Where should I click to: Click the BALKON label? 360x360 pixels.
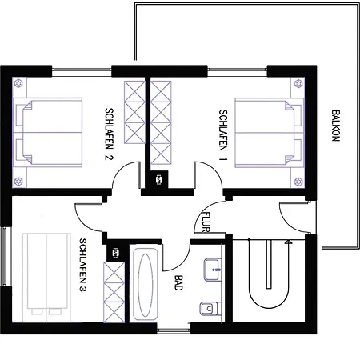click(336, 126)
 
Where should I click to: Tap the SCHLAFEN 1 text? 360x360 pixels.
click(223, 135)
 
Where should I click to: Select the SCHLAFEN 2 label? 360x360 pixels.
click(109, 134)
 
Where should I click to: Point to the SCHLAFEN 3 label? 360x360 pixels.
click(83, 265)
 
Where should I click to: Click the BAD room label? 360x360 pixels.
click(178, 282)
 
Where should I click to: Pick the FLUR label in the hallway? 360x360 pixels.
click(206, 222)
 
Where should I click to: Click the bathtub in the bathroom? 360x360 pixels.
click(146, 284)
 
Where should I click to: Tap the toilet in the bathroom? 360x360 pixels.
click(210, 309)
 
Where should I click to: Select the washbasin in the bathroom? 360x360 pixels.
click(213, 270)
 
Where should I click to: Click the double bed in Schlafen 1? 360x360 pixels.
click(270, 133)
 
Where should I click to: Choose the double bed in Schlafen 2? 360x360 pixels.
click(47, 132)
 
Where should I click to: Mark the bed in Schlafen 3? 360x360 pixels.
click(46, 278)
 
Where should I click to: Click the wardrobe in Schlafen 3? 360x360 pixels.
click(114, 292)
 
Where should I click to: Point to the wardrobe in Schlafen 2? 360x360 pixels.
click(134, 113)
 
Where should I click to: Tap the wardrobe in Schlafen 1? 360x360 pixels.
click(161, 122)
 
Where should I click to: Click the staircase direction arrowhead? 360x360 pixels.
click(288, 242)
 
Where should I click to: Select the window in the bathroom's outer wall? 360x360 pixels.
click(174, 331)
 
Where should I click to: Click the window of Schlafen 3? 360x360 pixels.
click(4, 256)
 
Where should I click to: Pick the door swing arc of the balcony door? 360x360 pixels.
click(286, 222)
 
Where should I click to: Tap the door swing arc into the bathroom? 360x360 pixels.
click(182, 263)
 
